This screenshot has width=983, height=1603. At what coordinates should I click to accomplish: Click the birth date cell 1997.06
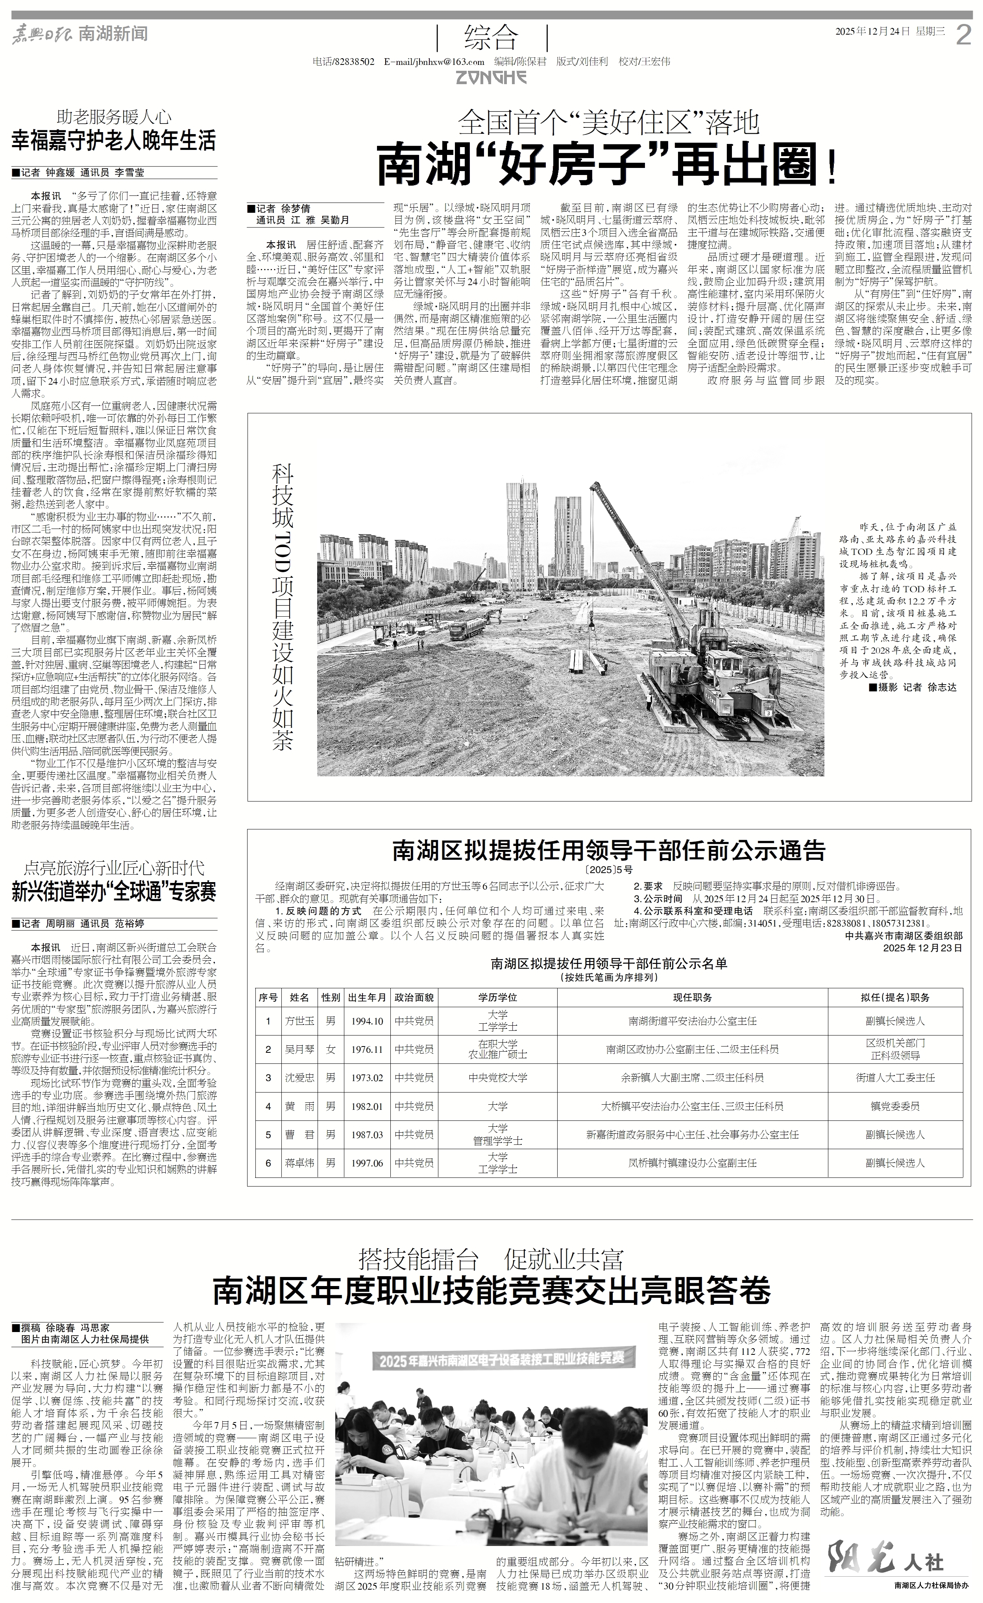(367, 1163)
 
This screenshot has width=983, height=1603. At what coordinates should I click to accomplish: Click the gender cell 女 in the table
(331, 1049)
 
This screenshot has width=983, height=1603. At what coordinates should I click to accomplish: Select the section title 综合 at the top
(491, 38)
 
